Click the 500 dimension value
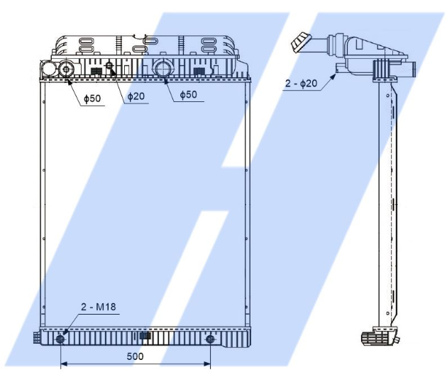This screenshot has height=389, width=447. coord(135,356)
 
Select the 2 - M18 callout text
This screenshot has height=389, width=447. coord(99,307)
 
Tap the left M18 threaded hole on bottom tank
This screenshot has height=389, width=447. coord(60,339)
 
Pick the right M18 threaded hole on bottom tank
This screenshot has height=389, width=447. coord(210,339)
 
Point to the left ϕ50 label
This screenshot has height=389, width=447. coord(92,98)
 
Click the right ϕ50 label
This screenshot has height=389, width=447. coord(189,94)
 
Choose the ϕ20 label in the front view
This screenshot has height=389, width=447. coord(136,96)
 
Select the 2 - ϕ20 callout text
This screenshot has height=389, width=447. coord(301,83)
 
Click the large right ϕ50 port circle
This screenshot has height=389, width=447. coord(162,69)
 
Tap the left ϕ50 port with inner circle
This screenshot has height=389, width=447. coord(66,69)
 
